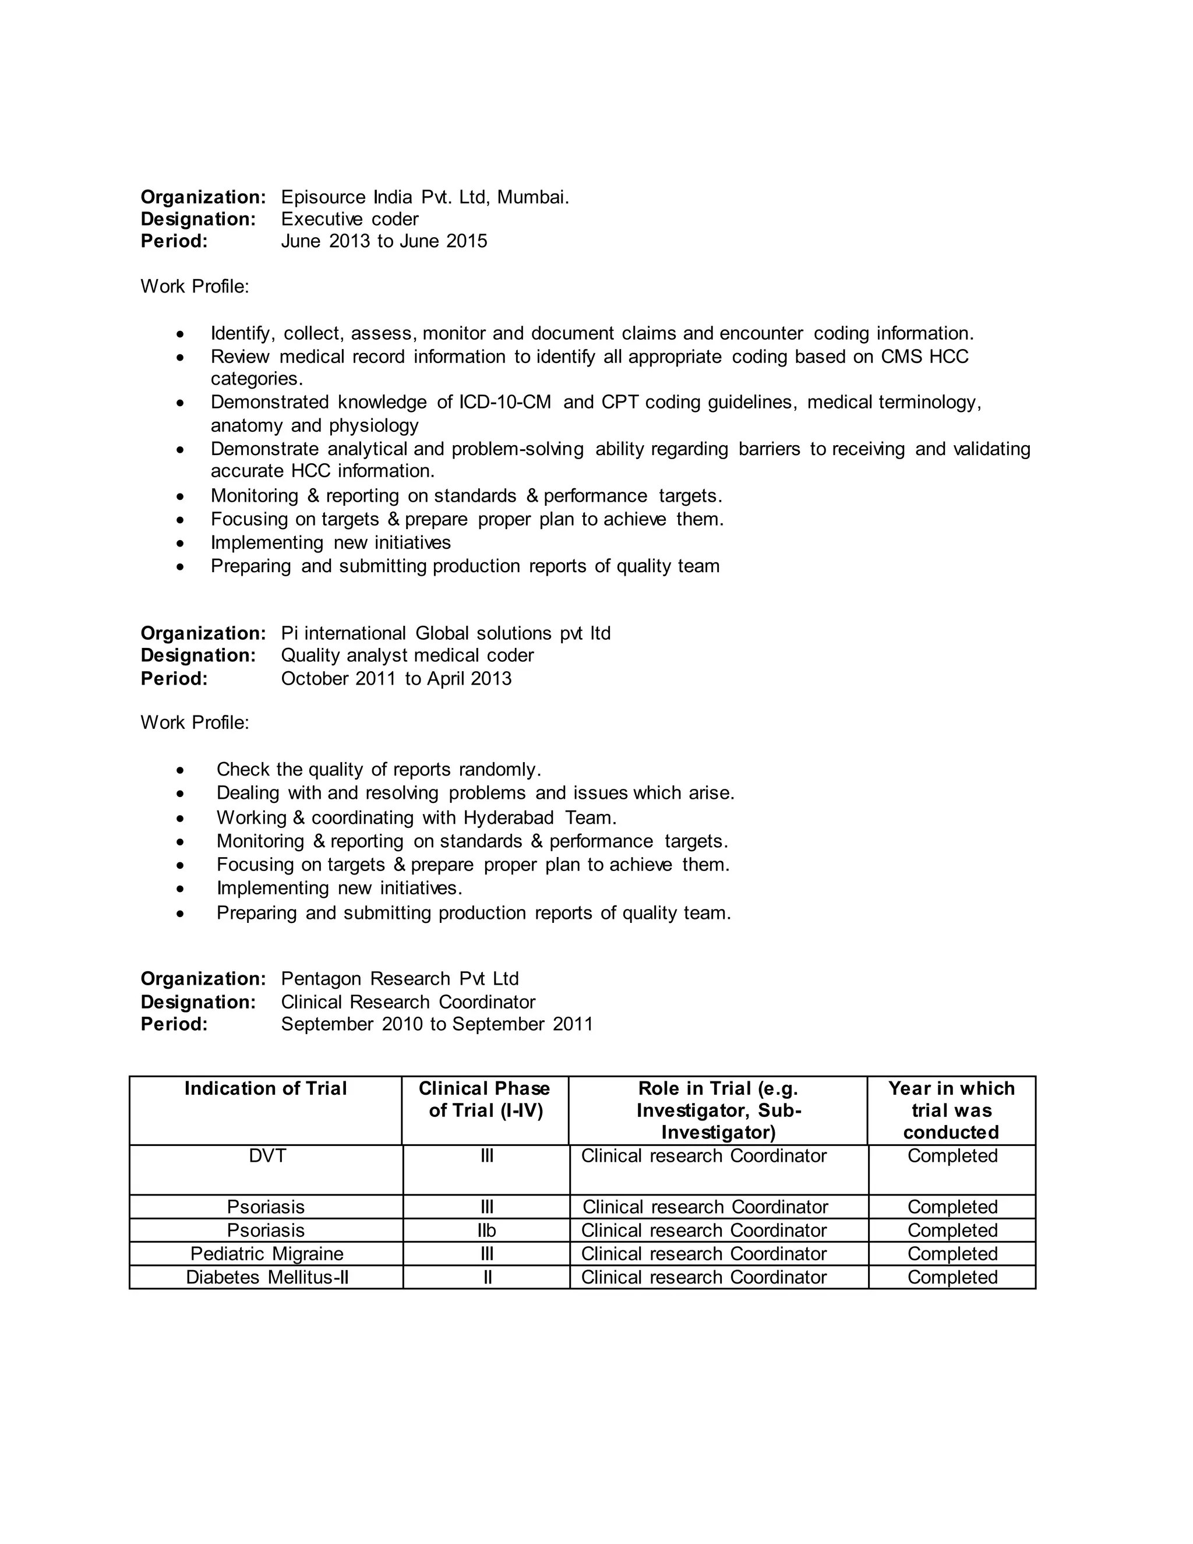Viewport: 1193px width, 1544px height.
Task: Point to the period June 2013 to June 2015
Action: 384,241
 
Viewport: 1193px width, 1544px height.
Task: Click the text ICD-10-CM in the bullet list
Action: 504,402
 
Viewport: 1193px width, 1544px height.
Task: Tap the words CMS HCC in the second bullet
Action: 924,357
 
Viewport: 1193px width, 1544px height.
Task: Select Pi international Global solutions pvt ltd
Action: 445,633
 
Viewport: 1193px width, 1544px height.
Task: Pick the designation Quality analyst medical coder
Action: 407,655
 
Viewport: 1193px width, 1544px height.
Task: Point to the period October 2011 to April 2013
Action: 396,679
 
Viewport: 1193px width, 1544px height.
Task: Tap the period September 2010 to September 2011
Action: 437,1024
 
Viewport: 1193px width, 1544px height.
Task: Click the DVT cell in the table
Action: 267,1156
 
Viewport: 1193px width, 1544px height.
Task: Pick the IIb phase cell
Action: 486,1230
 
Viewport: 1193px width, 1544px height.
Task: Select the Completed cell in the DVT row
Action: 952,1156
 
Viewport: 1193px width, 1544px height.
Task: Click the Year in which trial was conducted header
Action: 951,1110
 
